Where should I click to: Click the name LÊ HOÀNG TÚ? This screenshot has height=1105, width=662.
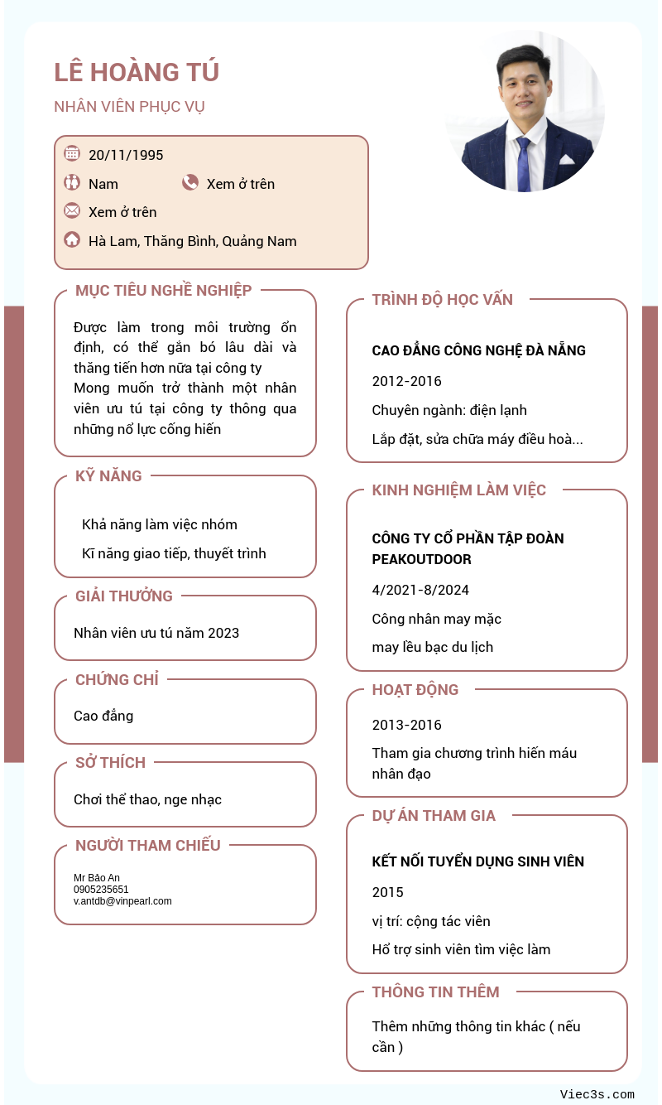(137, 72)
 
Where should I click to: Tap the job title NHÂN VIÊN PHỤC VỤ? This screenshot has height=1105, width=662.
(129, 107)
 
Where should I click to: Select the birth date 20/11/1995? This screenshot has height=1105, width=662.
(126, 155)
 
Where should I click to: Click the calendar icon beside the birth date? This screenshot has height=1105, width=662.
(72, 153)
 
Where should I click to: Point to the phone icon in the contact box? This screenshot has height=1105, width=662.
(190, 183)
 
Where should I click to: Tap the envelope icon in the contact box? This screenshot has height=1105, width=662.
(72, 210)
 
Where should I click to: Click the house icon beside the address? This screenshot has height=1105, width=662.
(72, 240)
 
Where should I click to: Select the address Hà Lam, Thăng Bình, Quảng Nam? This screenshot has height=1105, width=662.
(192, 241)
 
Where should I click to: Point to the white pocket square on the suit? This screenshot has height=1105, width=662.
(566, 159)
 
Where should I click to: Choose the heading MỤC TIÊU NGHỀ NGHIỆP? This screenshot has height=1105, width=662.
(163, 290)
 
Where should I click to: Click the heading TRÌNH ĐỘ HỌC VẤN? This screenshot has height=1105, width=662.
(442, 300)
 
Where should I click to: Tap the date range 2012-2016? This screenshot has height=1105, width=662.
(406, 381)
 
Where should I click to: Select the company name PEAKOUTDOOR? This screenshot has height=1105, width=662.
(421, 559)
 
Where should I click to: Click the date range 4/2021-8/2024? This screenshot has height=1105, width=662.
(420, 590)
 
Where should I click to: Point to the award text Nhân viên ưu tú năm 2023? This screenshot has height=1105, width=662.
(156, 633)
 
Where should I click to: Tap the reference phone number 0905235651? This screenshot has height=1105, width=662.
(101, 890)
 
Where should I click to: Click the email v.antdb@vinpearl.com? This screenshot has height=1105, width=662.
(122, 901)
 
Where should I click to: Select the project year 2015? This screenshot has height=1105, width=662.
(387, 892)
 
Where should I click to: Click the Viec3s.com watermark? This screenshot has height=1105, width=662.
(597, 1094)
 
